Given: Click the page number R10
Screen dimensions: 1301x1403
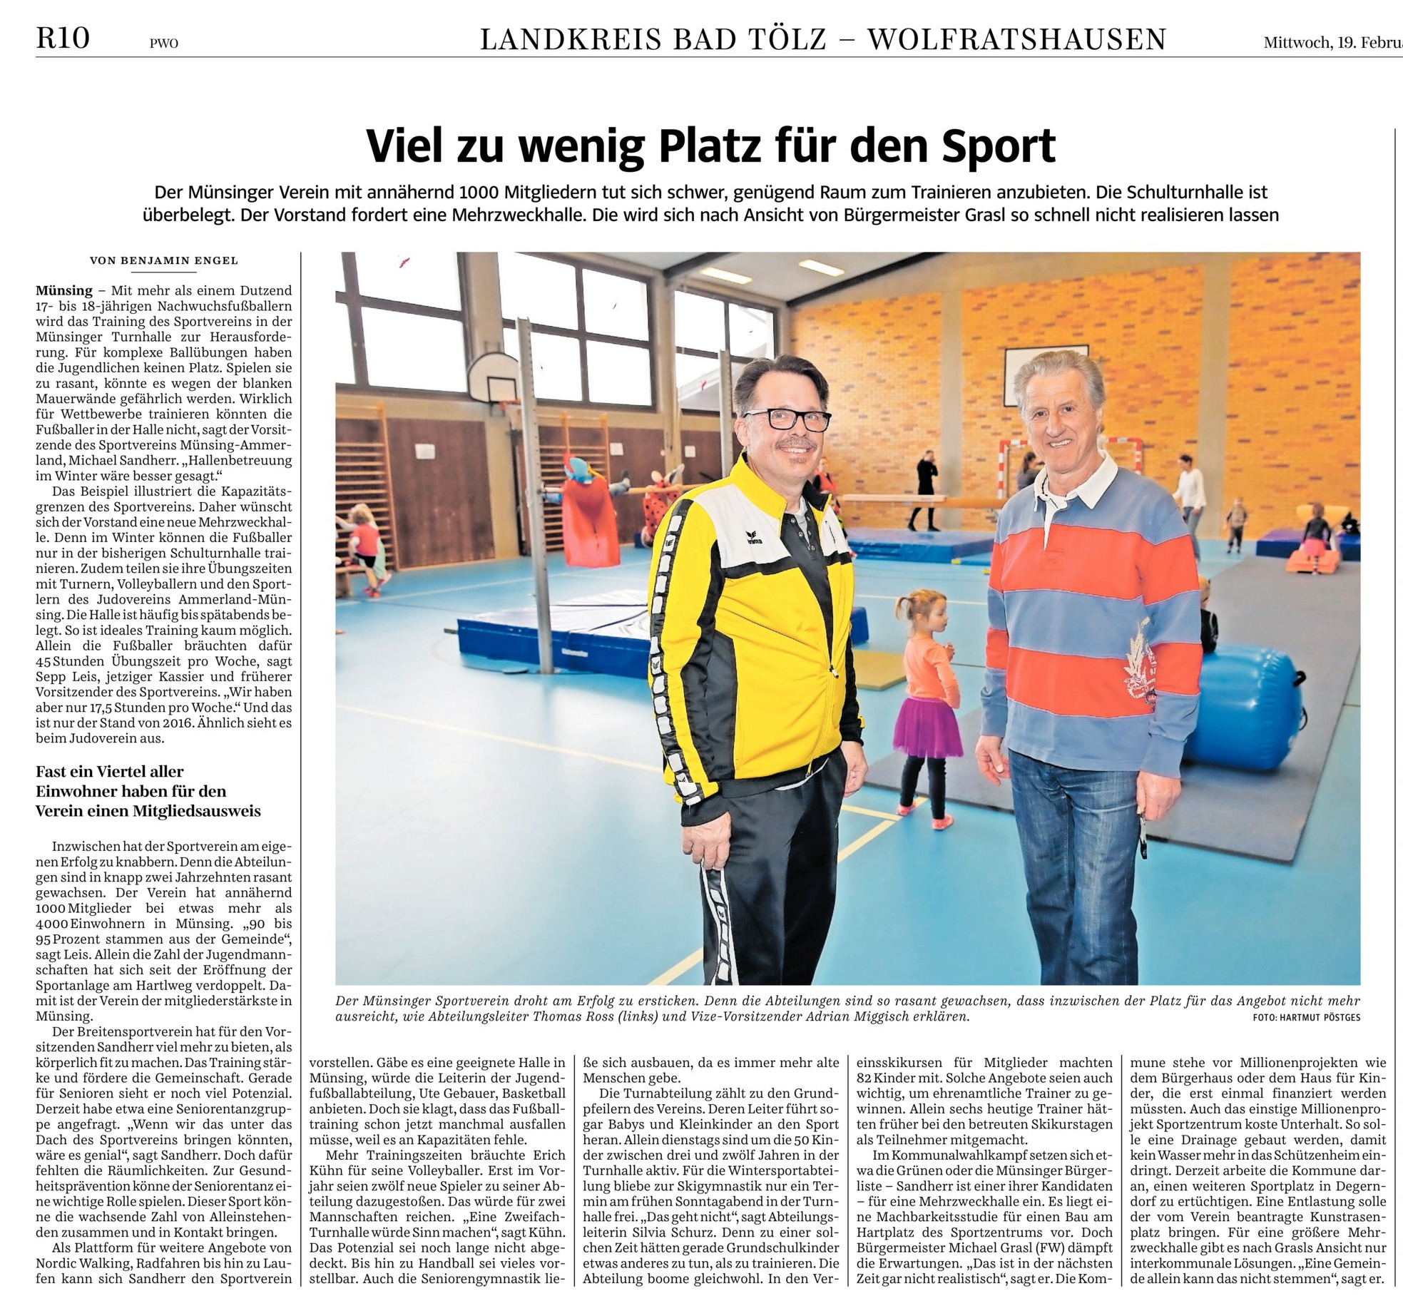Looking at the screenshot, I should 63,38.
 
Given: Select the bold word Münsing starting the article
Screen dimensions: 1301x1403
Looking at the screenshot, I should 64,290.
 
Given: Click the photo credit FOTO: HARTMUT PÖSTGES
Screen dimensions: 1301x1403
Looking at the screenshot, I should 1306,1017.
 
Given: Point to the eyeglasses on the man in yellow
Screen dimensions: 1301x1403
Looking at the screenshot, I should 787,419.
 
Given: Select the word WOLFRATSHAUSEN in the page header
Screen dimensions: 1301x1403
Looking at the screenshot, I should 1016,39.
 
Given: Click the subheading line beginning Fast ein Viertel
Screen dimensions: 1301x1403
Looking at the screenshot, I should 110,772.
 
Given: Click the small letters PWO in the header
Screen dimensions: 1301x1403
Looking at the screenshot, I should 163,44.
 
